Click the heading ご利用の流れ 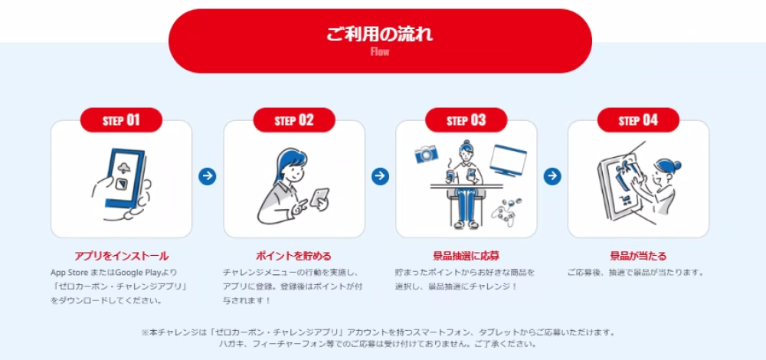pos(380,34)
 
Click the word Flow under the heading pos(380,52)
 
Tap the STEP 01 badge pos(121,120)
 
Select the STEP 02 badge pos(294,120)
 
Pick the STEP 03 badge pos(466,120)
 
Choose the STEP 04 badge pos(638,120)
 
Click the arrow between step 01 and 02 pos(207,177)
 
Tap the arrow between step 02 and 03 pos(380,177)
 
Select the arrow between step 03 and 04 pos(552,177)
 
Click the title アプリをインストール pos(121,256)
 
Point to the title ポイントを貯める pos(293,256)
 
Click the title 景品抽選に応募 pos(466,256)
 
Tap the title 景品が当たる pos(638,256)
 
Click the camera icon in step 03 pos(425,155)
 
